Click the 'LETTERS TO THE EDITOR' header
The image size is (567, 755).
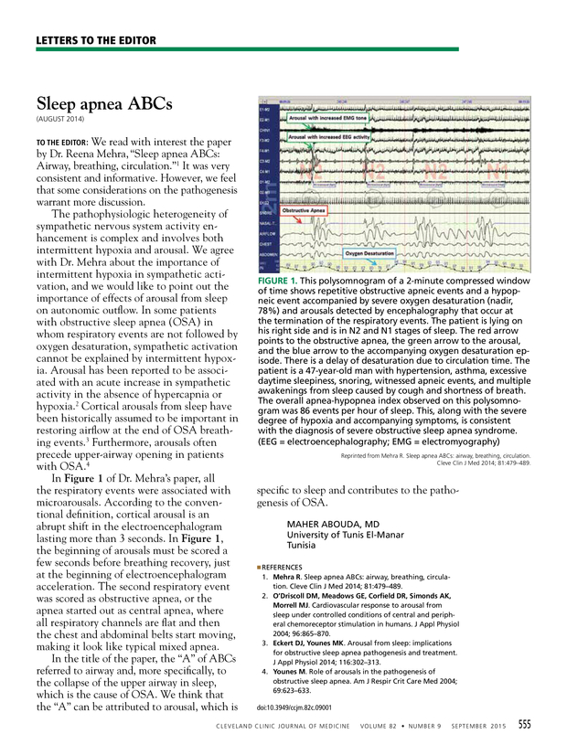96,40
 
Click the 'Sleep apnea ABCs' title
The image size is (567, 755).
103,103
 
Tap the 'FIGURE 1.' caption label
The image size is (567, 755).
286,278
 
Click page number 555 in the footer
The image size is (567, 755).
525,725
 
